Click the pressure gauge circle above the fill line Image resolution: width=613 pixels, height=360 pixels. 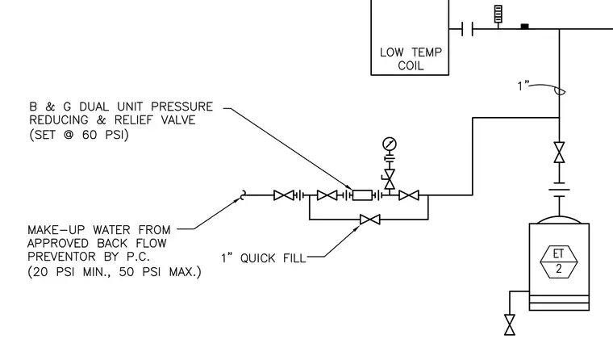pos(390,144)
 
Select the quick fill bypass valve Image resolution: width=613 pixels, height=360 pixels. pos(370,220)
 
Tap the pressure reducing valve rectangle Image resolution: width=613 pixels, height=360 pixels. pos(362,195)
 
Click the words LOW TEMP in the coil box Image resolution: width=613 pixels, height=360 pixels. pos(411,52)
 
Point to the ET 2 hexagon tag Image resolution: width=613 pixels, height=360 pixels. pos(559,262)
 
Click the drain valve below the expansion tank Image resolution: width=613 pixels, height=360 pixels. pos(510,324)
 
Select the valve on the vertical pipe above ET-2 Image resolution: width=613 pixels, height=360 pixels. pos(559,153)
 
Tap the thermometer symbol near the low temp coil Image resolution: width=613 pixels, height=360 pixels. pos(498,14)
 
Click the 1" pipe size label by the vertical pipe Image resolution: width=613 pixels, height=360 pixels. pos(523,86)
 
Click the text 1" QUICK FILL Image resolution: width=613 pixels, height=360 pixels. pos(264,258)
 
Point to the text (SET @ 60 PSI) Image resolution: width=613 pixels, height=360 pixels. pos(79,135)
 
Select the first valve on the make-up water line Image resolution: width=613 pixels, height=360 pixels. pos(284,195)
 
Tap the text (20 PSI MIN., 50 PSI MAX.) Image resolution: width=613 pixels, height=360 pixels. pos(115,271)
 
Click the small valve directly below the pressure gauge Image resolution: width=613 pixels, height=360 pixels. pos(390,179)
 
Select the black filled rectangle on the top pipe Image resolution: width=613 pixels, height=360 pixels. pos(524,26)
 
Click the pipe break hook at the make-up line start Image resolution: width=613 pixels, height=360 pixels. pos(243,195)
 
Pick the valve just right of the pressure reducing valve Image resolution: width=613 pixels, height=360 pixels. pos(409,195)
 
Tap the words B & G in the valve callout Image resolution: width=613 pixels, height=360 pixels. pos(51,107)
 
